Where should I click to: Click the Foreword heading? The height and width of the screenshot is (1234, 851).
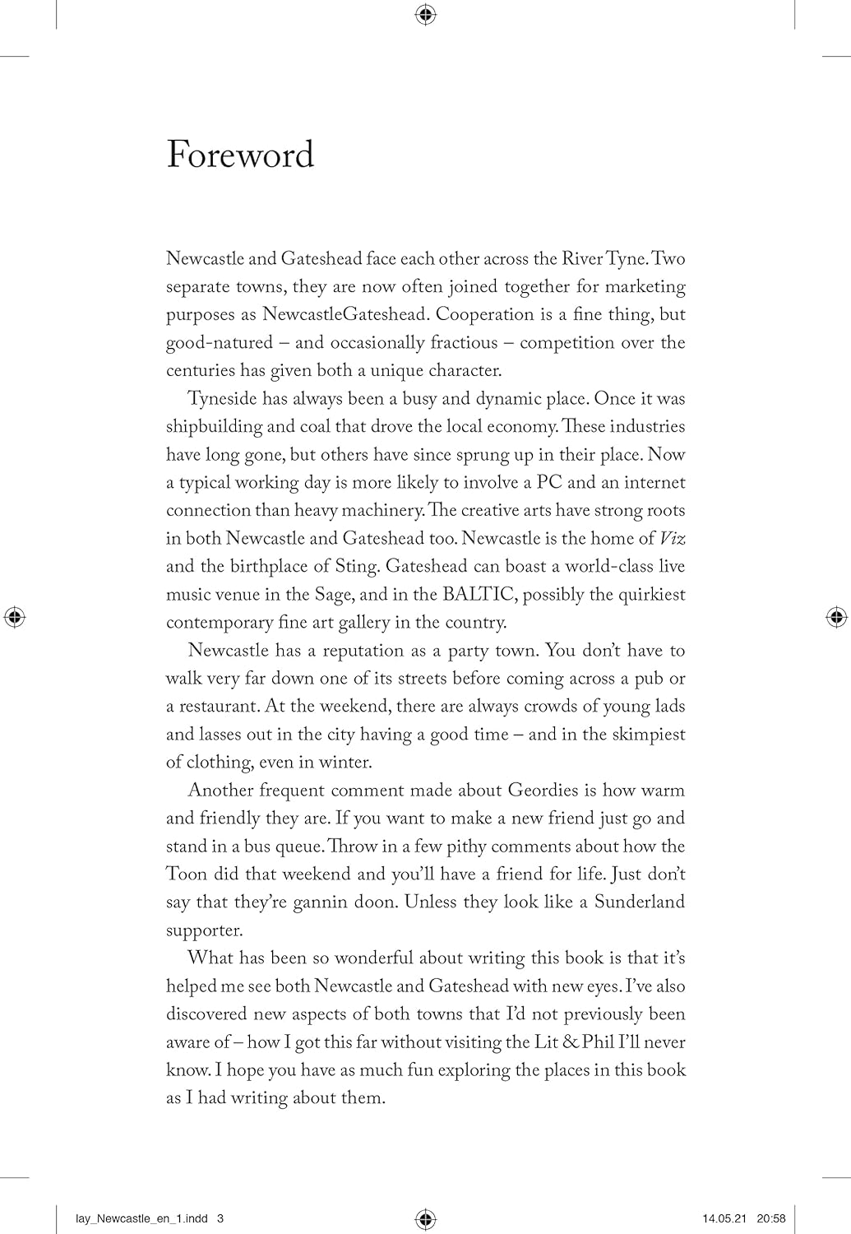point(240,155)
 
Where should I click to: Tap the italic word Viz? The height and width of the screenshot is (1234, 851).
point(673,538)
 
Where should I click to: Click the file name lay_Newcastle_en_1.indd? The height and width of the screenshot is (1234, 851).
point(138,1218)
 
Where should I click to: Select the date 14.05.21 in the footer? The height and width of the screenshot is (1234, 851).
point(721,1218)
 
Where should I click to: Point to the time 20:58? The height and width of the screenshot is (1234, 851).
point(773,1218)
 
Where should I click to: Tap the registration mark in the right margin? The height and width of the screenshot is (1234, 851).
point(836,617)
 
